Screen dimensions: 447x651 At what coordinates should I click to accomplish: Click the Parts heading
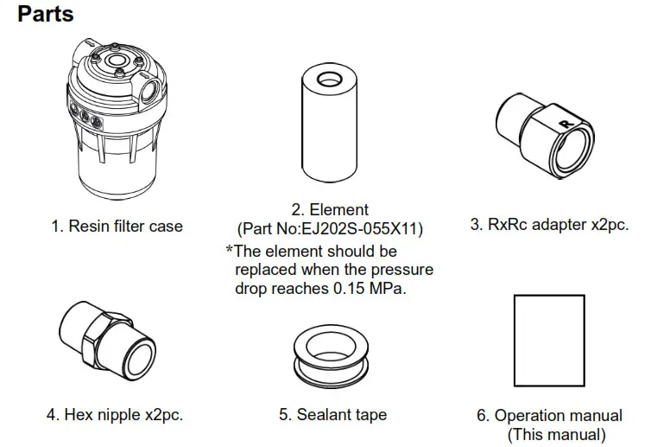coord(46,15)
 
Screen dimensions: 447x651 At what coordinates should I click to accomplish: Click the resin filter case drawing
coord(116,121)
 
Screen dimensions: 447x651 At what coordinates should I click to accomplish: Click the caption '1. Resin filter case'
coord(117,227)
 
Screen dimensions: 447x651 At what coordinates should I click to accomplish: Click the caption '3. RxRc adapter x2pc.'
coord(548,225)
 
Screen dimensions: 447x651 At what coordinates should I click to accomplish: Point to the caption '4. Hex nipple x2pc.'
coord(115,415)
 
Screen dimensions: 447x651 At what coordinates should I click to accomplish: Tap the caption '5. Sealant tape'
coord(332,415)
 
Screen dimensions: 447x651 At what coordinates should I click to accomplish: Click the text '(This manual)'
coord(555,434)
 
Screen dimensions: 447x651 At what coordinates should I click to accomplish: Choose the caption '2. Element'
coord(330,209)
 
